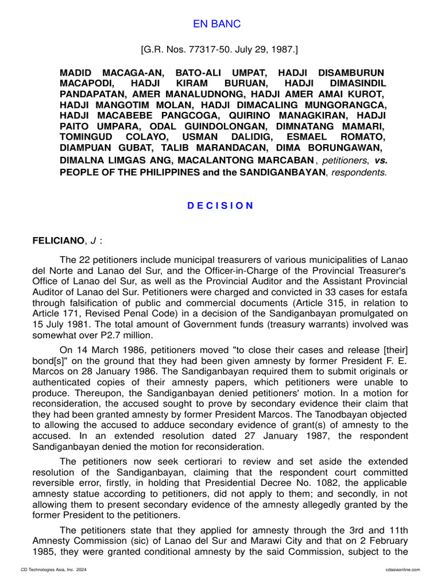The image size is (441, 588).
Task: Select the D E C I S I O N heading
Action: (x=220, y=206)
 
